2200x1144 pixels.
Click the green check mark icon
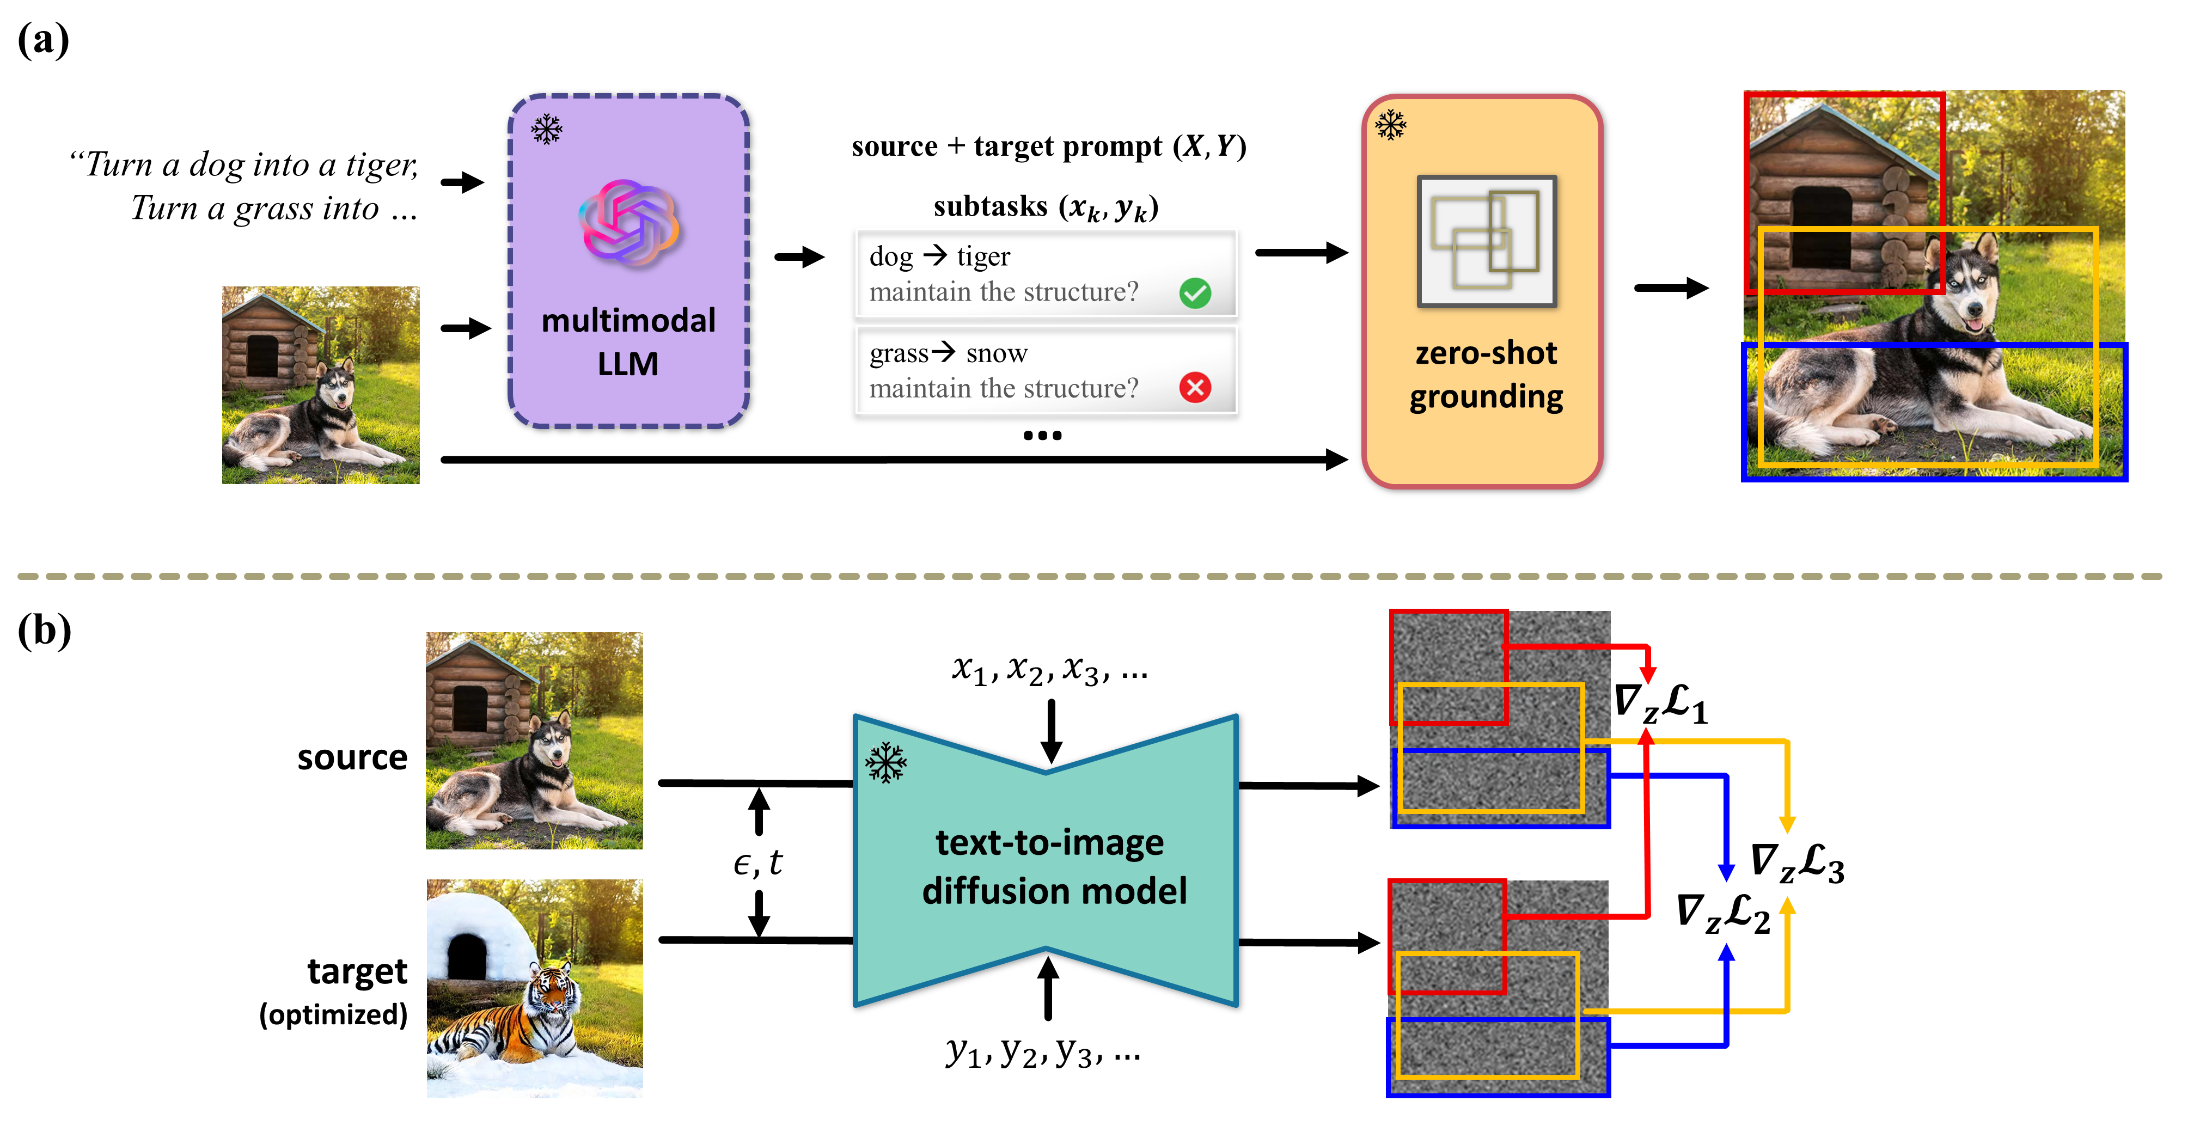1195,293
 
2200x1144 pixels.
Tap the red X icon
1195,388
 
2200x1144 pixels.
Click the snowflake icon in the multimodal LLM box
547,130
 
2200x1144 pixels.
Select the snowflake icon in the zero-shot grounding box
1390,125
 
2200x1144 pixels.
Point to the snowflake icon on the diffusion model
885,762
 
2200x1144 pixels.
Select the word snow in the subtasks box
996,353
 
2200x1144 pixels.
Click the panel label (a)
42,40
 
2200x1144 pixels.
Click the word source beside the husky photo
352,757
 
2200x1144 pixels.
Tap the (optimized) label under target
333,1014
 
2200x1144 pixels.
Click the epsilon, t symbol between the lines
757,863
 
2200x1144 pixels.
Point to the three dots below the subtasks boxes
1042,436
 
